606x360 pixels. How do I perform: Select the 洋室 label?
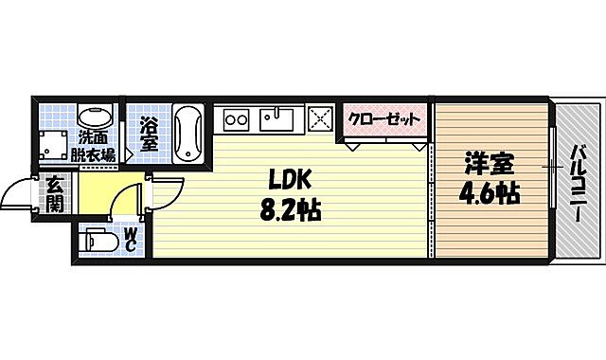click(x=488, y=163)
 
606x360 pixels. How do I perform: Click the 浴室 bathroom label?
click(x=150, y=133)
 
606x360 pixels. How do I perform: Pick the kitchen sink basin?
click(x=278, y=119)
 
